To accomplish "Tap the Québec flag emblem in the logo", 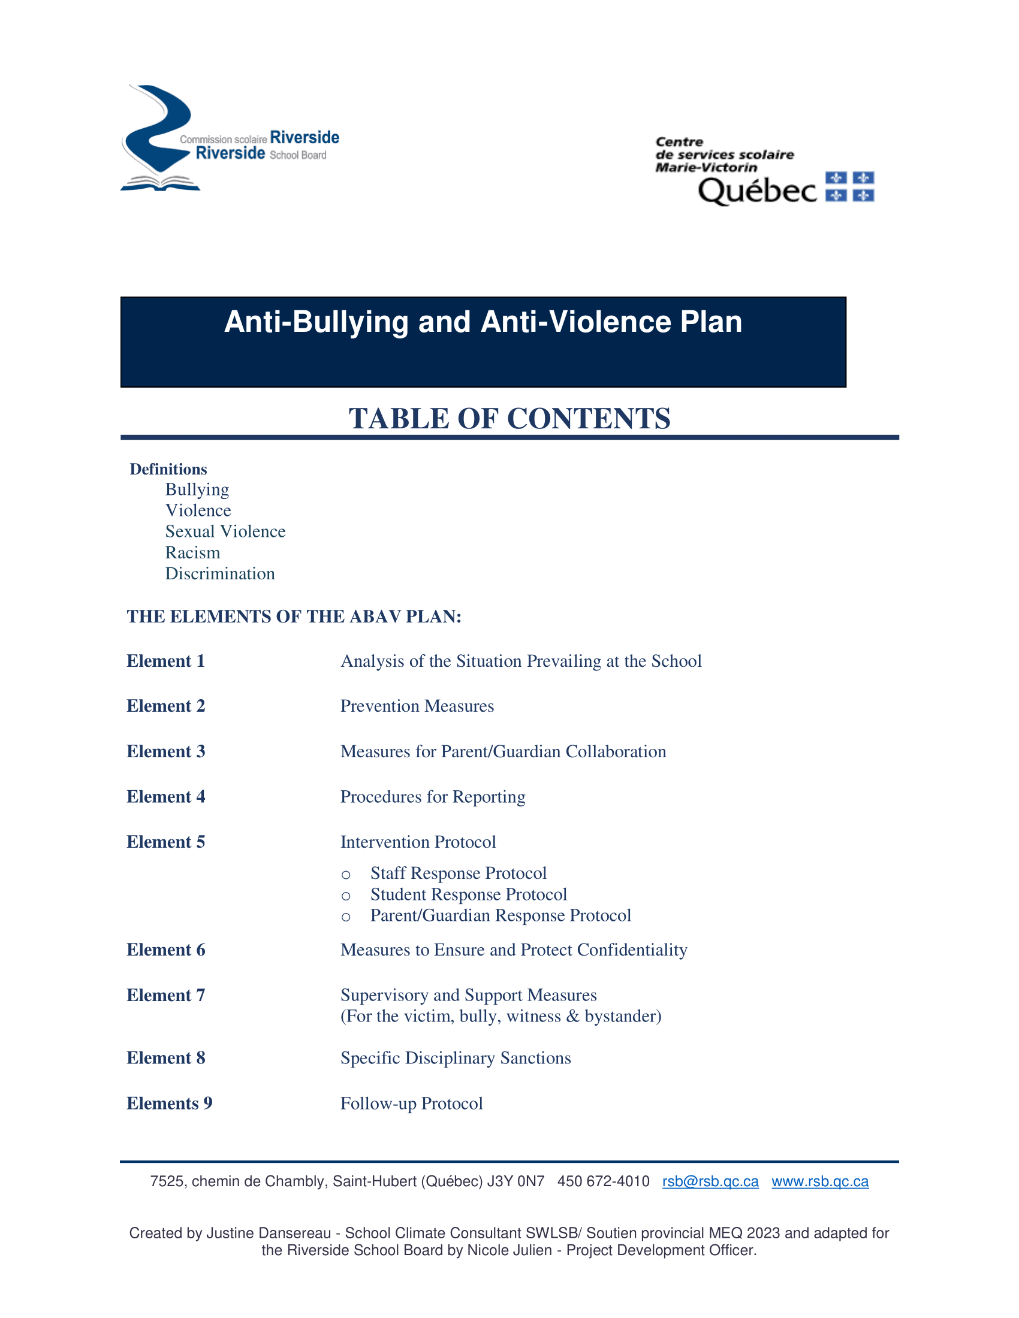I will click(x=849, y=186).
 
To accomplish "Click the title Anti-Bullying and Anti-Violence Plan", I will click(x=483, y=322).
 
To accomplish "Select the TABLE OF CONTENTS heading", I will click(x=509, y=419).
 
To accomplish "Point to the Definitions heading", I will click(x=168, y=470).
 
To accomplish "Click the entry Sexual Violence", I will click(x=225, y=531).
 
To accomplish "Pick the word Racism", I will click(x=192, y=553).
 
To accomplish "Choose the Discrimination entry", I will click(x=220, y=574).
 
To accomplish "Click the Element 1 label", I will click(x=166, y=661).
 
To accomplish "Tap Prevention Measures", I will click(x=417, y=706).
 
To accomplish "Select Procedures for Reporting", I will click(x=433, y=797).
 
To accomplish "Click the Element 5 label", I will click(x=166, y=842).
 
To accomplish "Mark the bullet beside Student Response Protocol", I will click(x=346, y=896).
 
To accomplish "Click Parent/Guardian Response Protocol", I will click(x=501, y=916).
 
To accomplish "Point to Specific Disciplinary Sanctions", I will click(x=456, y=1059).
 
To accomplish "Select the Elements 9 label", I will click(x=170, y=1104).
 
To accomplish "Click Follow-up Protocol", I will click(x=412, y=1104).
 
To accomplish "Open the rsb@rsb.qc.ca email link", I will click(x=710, y=1181).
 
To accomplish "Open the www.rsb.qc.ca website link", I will click(x=820, y=1181).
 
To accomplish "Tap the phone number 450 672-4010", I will click(x=603, y=1181).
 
